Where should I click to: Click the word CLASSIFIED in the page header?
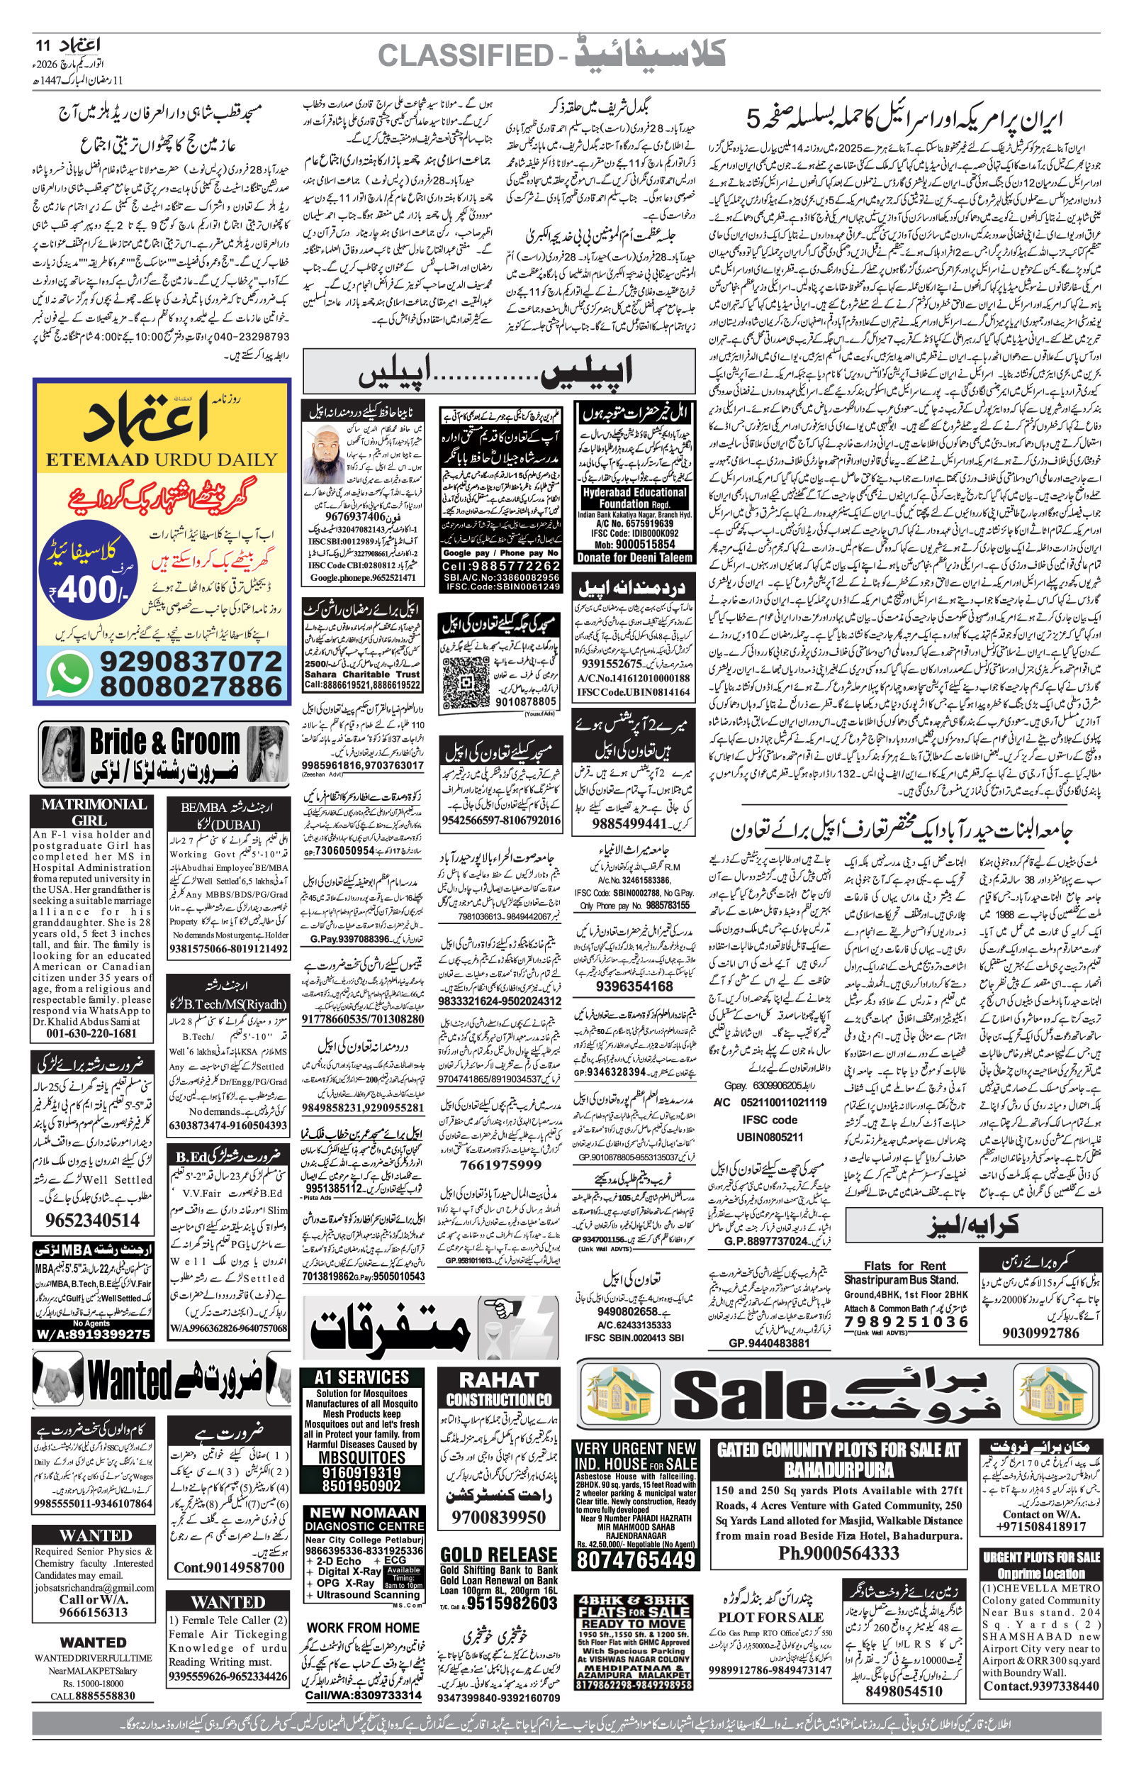click(x=465, y=55)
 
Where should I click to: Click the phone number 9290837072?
click(x=190, y=661)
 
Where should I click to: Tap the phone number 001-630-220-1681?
click(x=91, y=1033)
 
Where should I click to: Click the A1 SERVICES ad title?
click(x=361, y=1377)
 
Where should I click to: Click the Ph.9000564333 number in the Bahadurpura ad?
click(x=838, y=1533)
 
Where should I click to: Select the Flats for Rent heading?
click(x=905, y=1265)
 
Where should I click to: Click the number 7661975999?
click(x=500, y=1165)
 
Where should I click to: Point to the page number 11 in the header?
click(x=43, y=45)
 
